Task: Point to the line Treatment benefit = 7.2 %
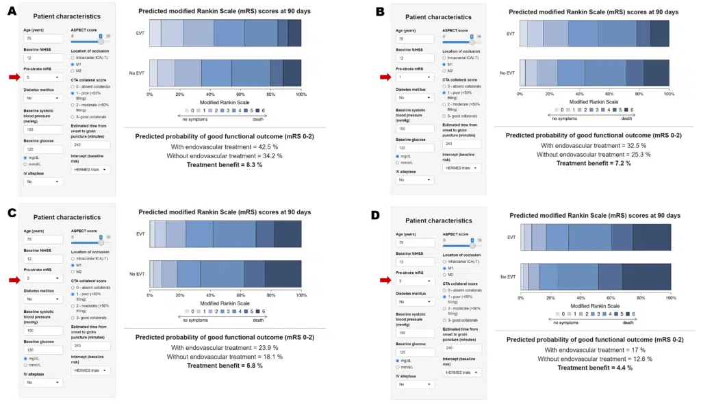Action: coord(594,163)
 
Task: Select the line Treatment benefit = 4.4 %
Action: coord(594,368)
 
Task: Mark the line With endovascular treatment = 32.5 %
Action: coord(594,145)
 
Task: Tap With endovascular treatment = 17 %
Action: coord(594,350)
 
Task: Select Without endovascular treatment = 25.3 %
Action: coord(594,154)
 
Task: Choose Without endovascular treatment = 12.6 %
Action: coord(594,359)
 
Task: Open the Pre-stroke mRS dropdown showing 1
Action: coord(415,77)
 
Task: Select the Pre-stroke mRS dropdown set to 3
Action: coord(415,281)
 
